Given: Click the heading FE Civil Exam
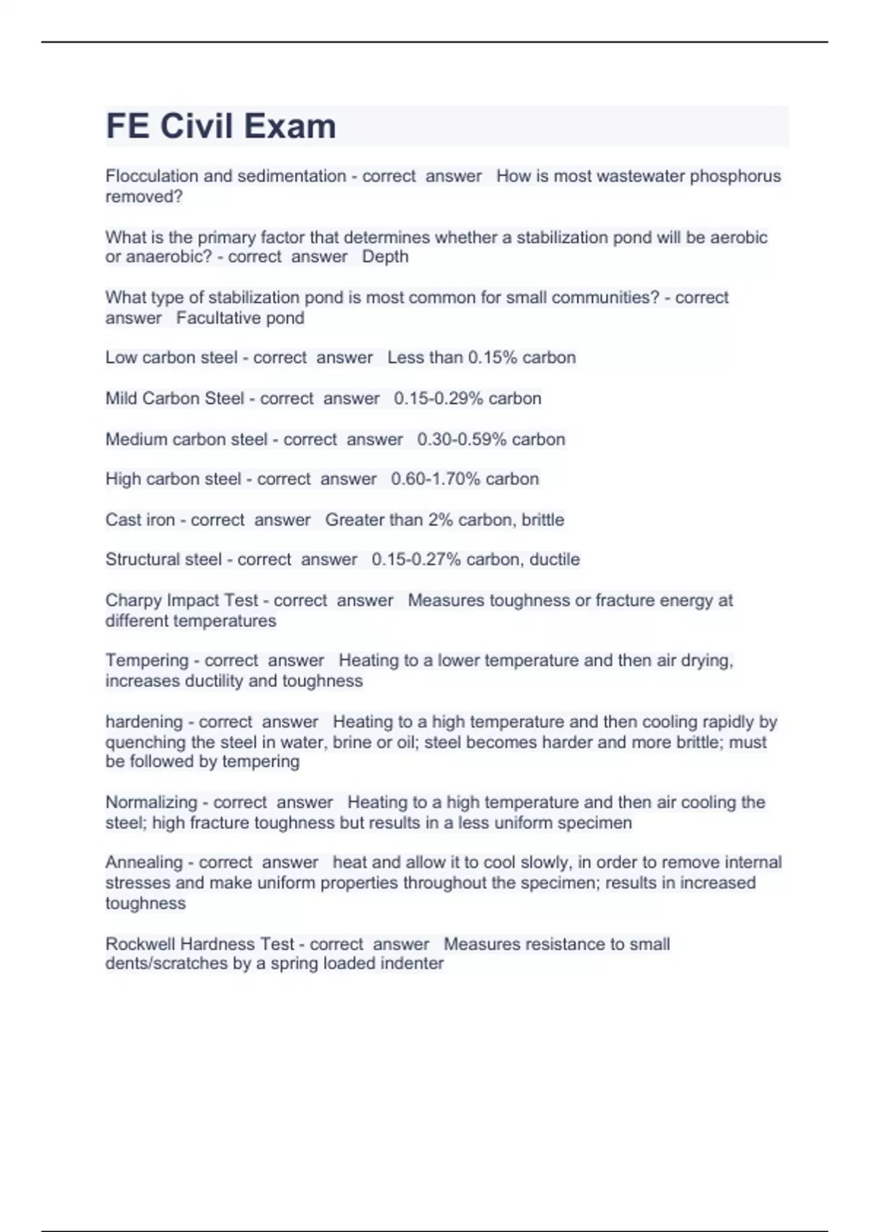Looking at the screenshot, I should pos(221,126).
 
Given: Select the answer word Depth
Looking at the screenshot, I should pos(385,257).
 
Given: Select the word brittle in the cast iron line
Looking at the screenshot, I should pos(542,520).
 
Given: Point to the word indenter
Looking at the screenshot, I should pos(413,964).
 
